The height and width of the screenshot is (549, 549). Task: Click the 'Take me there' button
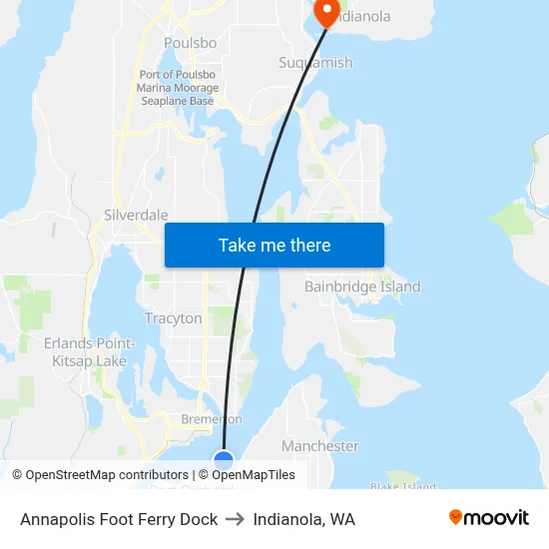[x=274, y=245]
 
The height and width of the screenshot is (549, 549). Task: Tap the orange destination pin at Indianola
[x=326, y=12]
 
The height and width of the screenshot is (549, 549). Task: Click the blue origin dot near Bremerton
[x=224, y=461]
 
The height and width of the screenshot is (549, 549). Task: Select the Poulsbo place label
[x=189, y=43]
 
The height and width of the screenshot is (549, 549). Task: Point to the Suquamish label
[x=315, y=63]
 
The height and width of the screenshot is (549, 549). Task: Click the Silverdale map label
[x=136, y=215]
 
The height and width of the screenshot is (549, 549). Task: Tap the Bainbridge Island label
[x=362, y=286]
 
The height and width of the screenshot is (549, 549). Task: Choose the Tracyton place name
[x=174, y=318]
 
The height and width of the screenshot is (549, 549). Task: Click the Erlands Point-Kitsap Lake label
[x=89, y=351]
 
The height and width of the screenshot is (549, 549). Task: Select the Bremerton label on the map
[x=211, y=419]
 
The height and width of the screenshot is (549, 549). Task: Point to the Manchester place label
[x=319, y=445]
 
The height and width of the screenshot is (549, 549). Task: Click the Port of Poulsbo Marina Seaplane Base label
[x=178, y=88]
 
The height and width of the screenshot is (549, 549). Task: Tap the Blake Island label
[x=402, y=486]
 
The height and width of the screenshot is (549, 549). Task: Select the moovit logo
[x=489, y=518]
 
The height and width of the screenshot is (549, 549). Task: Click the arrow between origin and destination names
[x=236, y=519]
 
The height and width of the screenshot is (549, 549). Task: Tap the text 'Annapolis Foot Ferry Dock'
[x=119, y=519]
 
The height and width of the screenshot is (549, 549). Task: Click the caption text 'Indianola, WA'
[x=303, y=519]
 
